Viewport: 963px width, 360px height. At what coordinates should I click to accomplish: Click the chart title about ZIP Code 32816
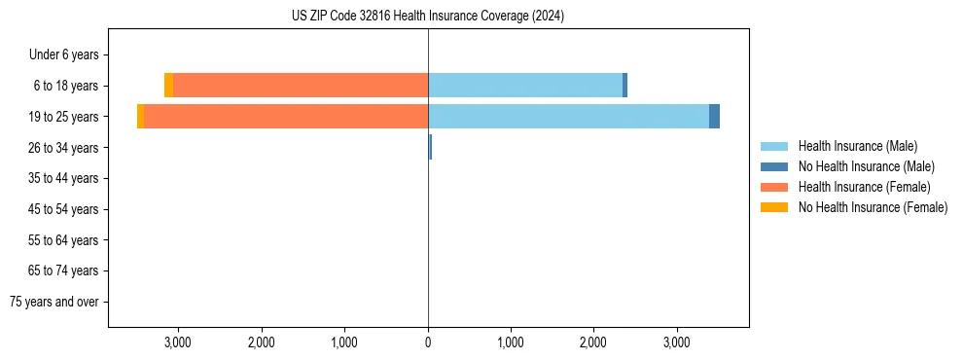[428, 17]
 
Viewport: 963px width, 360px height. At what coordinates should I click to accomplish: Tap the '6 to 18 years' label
[66, 86]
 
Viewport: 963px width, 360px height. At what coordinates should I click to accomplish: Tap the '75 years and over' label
[54, 302]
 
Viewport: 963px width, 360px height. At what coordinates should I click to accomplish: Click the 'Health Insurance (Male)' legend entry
[857, 146]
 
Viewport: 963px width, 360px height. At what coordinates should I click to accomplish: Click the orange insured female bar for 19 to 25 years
[286, 117]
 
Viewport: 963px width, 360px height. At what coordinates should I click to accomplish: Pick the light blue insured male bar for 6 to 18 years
[525, 86]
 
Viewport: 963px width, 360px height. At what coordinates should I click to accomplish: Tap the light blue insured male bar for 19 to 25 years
[568, 117]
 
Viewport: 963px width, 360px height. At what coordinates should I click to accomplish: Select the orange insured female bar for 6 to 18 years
[301, 86]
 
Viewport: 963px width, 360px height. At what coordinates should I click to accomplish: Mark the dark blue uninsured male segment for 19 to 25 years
[714, 117]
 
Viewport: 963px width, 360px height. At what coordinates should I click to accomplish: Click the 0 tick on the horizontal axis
[428, 342]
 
